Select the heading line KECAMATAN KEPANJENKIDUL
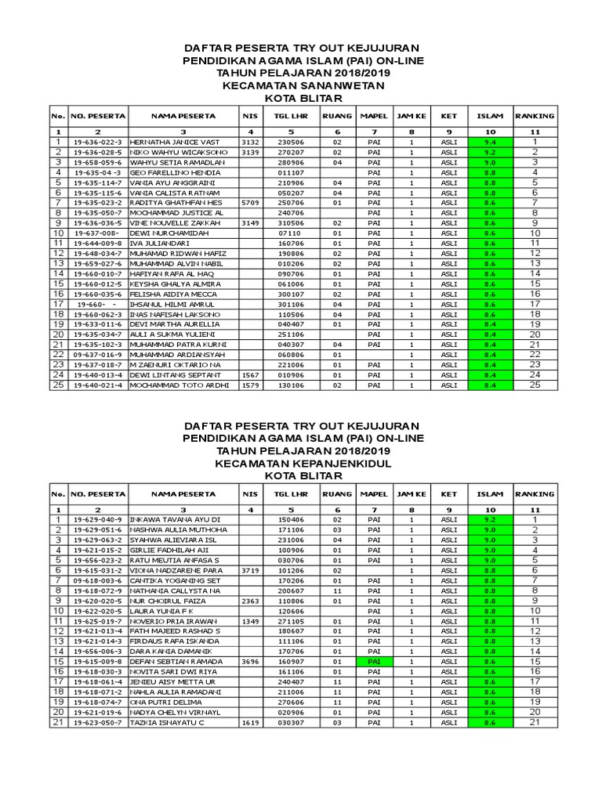click(300, 464)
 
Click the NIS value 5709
click(249, 202)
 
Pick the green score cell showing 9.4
click(489, 142)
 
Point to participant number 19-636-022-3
click(97, 142)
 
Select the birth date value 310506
click(291, 222)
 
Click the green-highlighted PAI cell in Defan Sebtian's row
click(373, 661)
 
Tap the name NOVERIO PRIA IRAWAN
click(175, 620)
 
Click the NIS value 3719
click(249, 570)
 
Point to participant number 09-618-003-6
click(97, 580)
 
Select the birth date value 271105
click(291, 620)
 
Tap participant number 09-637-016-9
click(97, 354)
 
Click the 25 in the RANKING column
click(534, 385)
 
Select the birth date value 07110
click(291, 233)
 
